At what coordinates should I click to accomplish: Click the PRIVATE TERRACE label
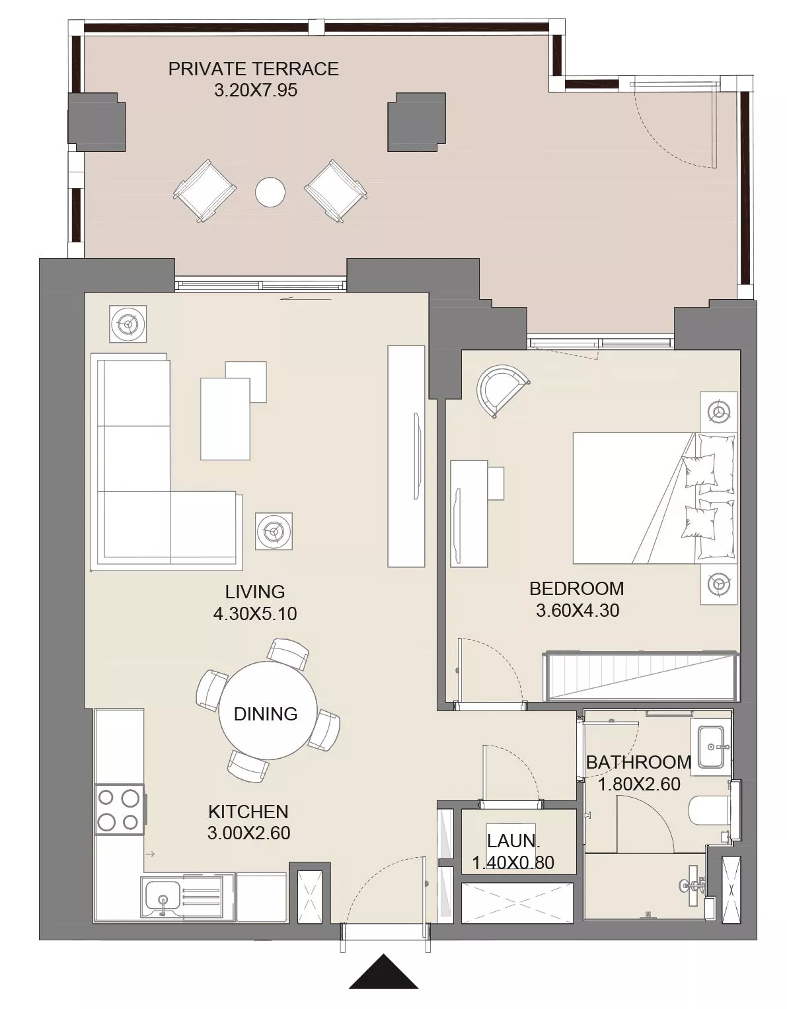click(x=253, y=69)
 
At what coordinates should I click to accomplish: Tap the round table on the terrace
click(x=270, y=191)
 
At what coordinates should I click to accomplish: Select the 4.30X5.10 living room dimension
click(x=254, y=613)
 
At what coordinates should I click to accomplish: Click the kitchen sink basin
click(x=162, y=894)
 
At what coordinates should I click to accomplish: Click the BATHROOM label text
click(x=638, y=763)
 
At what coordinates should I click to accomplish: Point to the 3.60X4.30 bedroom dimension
click(x=577, y=610)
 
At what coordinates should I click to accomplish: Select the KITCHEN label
click(x=248, y=811)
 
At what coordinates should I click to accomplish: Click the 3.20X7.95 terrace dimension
click(x=255, y=90)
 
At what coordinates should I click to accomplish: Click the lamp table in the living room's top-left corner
click(x=128, y=324)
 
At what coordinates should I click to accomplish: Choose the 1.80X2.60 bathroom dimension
click(x=639, y=784)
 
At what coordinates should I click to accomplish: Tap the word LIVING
click(x=254, y=592)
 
